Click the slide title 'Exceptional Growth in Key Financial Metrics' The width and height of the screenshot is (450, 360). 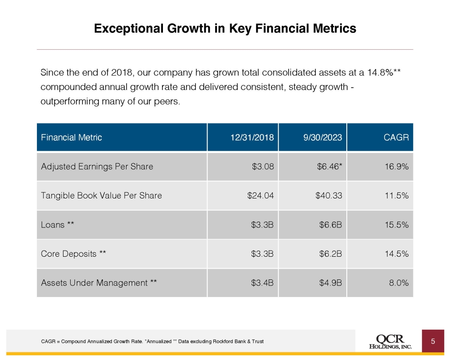pyautogui.click(x=225, y=29)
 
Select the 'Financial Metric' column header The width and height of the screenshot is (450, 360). pyautogui.click(x=72, y=137)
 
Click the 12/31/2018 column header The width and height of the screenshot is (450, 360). pyautogui.click(x=252, y=137)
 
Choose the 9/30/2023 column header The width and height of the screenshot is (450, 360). pyautogui.click(x=323, y=137)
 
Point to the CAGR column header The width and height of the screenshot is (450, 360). pyautogui.click(x=396, y=137)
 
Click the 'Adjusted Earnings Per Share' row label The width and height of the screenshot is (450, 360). pyautogui.click(x=97, y=167)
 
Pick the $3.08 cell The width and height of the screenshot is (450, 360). pyautogui.click(x=263, y=167)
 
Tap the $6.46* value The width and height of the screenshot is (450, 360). pyautogui.click(x=330, y=167)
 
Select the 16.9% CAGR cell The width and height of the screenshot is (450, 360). pyautogui.click(x=396, y=167)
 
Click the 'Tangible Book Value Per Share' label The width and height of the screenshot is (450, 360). pyautogui.click(x=101, y=196)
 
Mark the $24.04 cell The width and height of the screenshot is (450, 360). pyautogui.click(x=261, y=196)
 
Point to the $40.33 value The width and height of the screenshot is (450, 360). pyautogui.click(x=329, y=196)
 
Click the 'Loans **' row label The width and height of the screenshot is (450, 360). pyautogui.click(x=57, y=225)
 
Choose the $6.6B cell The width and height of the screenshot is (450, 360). pyautogui.click(x=331, y=225)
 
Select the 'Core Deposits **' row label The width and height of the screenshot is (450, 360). pyautogui.click(x=73, y=254)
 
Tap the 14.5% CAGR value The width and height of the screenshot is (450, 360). pyautogui.click(x=396, y=254)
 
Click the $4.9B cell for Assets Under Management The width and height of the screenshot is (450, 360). pyautogui.click(x=331, y=283)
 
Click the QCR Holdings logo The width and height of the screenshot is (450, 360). pyautogui.click(x=391, y=342)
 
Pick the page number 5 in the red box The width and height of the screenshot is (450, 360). pyautogui.click(x=433, y=342)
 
